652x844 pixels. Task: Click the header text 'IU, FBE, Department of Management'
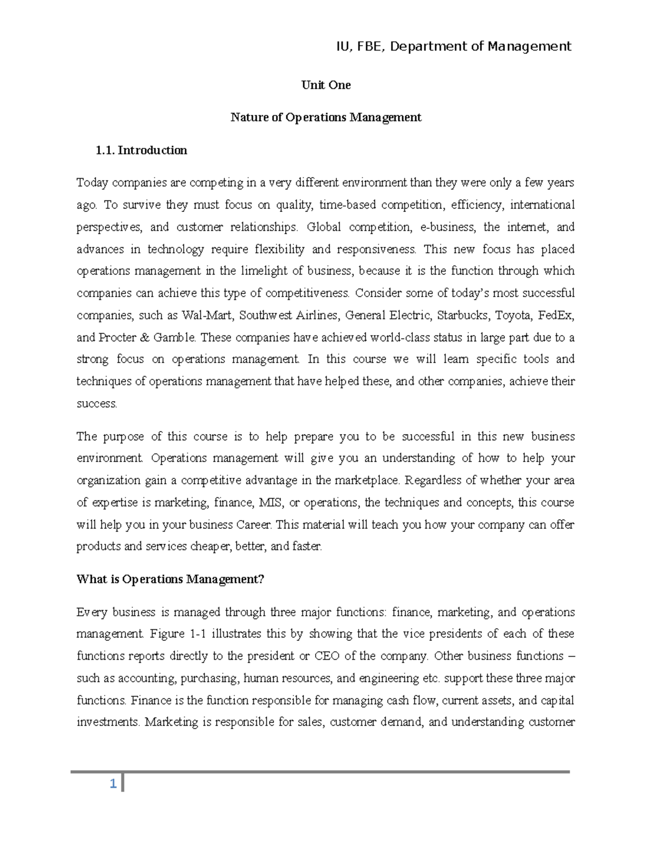coord(454,47)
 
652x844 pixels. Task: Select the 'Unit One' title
coord(326,85)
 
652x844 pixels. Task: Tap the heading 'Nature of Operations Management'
coord(326,117)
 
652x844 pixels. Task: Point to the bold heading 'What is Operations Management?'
coord(170,579)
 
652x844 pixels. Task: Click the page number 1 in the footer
coord(112,784)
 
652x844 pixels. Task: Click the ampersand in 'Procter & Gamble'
coord(145,337)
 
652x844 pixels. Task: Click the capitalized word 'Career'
coord(255,525)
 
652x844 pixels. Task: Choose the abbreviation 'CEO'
coord(327,657)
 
